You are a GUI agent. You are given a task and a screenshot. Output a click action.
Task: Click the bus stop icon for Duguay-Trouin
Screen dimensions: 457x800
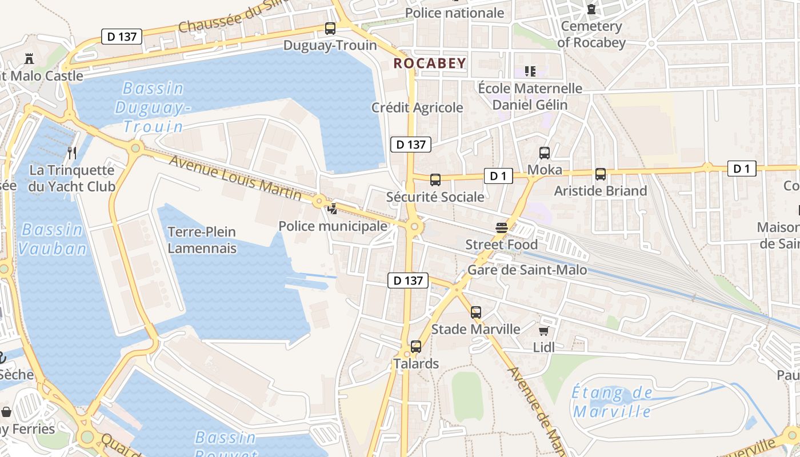330,28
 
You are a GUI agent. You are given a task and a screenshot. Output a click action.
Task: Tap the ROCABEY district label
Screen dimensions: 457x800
430,63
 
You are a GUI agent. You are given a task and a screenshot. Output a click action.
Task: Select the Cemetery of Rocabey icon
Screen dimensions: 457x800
591,10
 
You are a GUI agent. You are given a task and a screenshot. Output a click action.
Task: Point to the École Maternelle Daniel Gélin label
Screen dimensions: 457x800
530,97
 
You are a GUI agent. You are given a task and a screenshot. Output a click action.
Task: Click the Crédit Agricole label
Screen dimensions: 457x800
417,107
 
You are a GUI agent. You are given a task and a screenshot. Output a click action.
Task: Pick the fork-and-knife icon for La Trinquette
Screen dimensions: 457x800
72,153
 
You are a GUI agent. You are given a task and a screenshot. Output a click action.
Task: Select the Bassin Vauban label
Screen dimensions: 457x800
52,239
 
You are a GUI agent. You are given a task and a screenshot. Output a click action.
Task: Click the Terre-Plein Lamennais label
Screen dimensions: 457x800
202,240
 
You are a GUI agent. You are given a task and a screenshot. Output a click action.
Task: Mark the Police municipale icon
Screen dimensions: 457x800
332,209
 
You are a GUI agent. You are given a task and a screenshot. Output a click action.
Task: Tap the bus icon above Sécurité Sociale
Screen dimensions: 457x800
435,180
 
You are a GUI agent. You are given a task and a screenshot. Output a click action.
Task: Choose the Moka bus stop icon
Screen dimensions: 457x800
545,153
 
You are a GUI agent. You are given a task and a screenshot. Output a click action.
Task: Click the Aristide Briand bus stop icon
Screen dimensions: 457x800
601,174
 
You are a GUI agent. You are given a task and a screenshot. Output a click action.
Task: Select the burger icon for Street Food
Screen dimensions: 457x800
502,228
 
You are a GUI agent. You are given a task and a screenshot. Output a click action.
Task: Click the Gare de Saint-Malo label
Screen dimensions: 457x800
527,270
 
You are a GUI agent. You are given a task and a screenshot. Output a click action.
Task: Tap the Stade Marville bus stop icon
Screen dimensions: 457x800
476,312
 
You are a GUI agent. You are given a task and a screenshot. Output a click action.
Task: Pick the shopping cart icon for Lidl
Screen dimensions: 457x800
544,331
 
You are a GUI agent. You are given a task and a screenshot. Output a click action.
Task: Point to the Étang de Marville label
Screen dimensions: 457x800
612,402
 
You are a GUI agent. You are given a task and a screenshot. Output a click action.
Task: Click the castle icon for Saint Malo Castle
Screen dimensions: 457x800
29,58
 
